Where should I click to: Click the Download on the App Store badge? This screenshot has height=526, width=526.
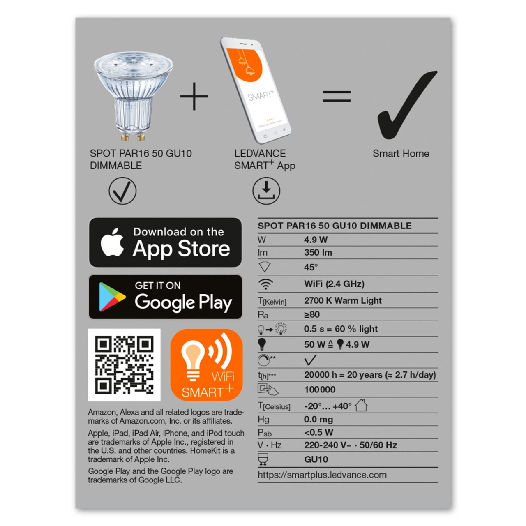tap(165, 242)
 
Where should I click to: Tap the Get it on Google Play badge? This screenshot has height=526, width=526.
tap(165, 297)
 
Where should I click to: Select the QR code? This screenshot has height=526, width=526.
tap(124, 365)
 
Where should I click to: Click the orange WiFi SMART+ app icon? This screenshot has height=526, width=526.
tap(206, 365)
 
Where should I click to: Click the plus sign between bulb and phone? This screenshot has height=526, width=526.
tap(194, 96)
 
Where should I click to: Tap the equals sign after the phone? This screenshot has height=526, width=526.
tap(337, 96)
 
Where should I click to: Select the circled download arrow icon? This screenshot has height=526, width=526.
tap(266, 191)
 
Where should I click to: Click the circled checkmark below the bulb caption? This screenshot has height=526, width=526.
tap(122, 191)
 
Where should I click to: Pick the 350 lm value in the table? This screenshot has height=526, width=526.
tap(318, 252)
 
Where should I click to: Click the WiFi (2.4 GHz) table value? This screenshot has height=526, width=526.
tap(334, 284)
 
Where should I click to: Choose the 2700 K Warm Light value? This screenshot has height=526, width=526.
tap(343, 300)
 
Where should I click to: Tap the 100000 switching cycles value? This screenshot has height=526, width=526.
tap(320, 390)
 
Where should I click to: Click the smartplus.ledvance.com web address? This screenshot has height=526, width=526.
tap(322, 475)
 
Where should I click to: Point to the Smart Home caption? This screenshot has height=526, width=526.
tap(401, 153)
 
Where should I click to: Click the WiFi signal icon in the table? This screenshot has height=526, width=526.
tap(265, 284)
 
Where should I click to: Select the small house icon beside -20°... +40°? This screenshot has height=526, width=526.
tap(361, 405)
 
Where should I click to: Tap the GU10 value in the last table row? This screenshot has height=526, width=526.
tap(316, 460)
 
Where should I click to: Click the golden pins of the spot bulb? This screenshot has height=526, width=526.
tap(133, 136)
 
